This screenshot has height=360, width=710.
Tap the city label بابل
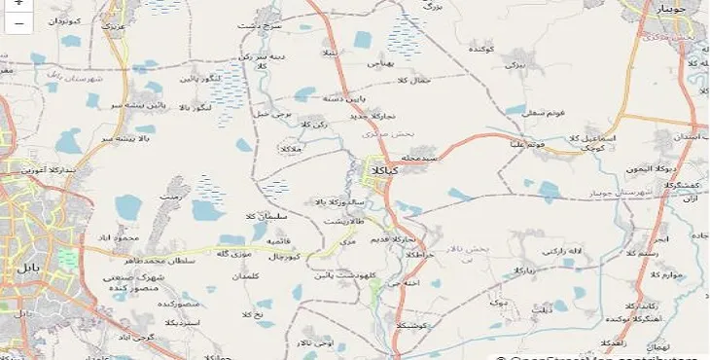click(x=20, y=265)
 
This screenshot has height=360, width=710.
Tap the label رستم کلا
click(x=670, y=254)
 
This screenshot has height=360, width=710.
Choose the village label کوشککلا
click(x=418, y=327)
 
